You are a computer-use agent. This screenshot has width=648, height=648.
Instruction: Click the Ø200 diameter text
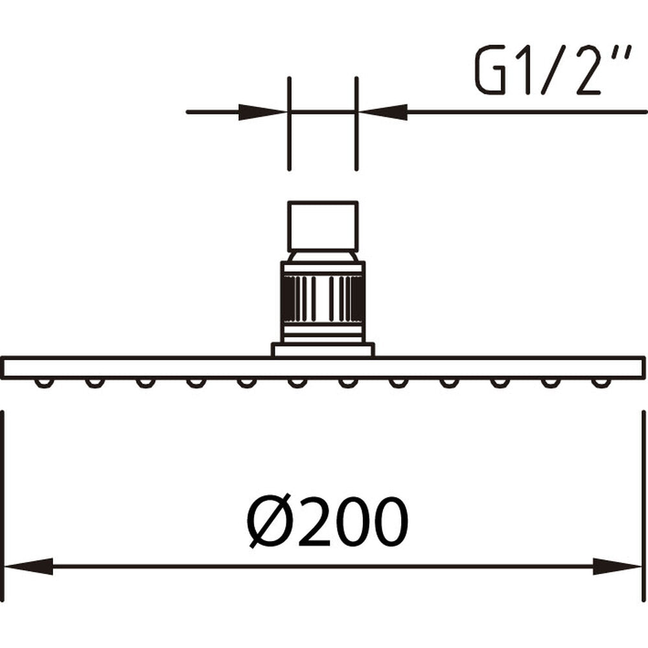(329, 523)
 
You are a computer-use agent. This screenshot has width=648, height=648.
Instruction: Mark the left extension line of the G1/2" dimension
(289, 123)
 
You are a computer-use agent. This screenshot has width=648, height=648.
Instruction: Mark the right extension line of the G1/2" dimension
(356, 123)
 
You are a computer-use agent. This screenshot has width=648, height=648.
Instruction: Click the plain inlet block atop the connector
(323, 226)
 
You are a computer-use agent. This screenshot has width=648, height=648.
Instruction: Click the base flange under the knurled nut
(323, 350)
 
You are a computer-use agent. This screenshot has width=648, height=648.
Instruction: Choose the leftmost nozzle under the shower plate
(43, 383)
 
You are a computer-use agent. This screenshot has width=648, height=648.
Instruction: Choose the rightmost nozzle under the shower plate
(601, 383)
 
